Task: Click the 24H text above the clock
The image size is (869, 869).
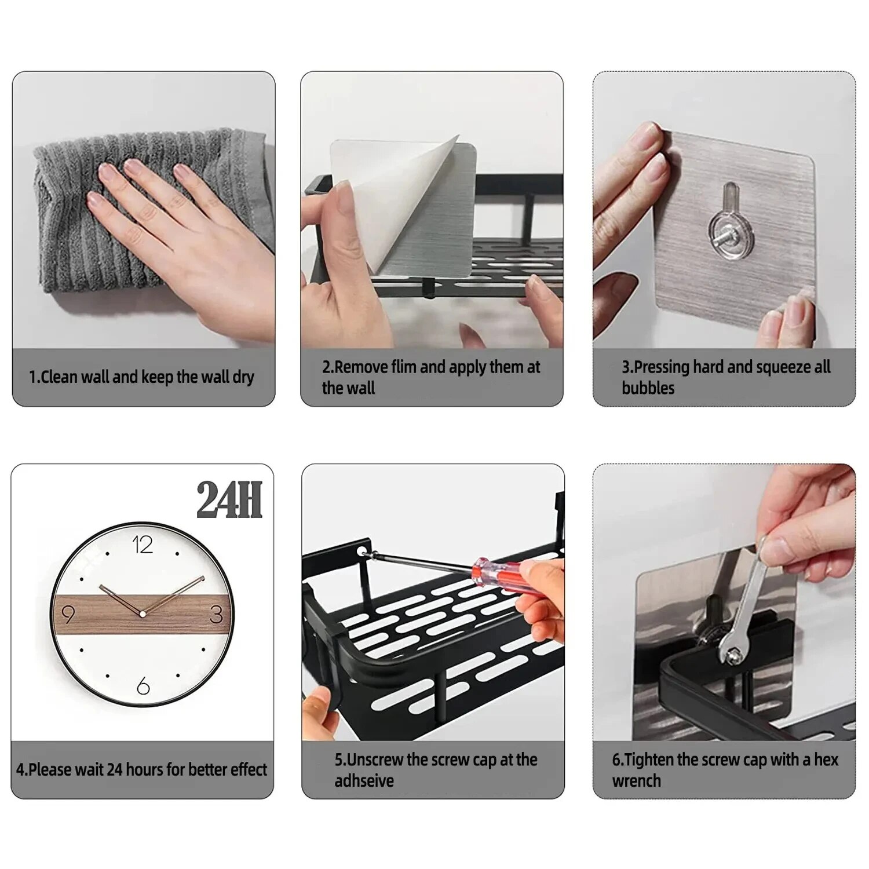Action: [229, 499]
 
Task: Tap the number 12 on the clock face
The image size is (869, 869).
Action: [143, 545]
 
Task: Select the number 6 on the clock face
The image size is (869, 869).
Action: [143, 687]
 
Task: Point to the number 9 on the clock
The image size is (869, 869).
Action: [68, 614]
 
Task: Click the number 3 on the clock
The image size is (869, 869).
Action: [216, 614]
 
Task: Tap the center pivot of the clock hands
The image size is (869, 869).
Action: [143, 613]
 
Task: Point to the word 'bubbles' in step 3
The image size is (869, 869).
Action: [648, 388]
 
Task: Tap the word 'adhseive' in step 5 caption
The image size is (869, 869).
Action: [364, 780]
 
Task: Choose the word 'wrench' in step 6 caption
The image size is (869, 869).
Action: [636, 780]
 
